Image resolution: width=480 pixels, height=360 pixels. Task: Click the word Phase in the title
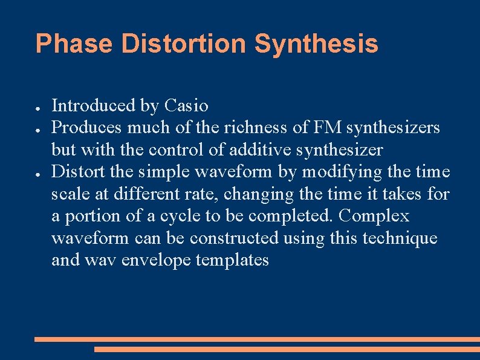74,44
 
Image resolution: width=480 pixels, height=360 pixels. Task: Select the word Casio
186,106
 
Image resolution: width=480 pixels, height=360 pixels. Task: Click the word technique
400,238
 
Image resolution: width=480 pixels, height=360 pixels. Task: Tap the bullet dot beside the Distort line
37,173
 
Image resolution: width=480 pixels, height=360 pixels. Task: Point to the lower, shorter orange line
287,349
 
